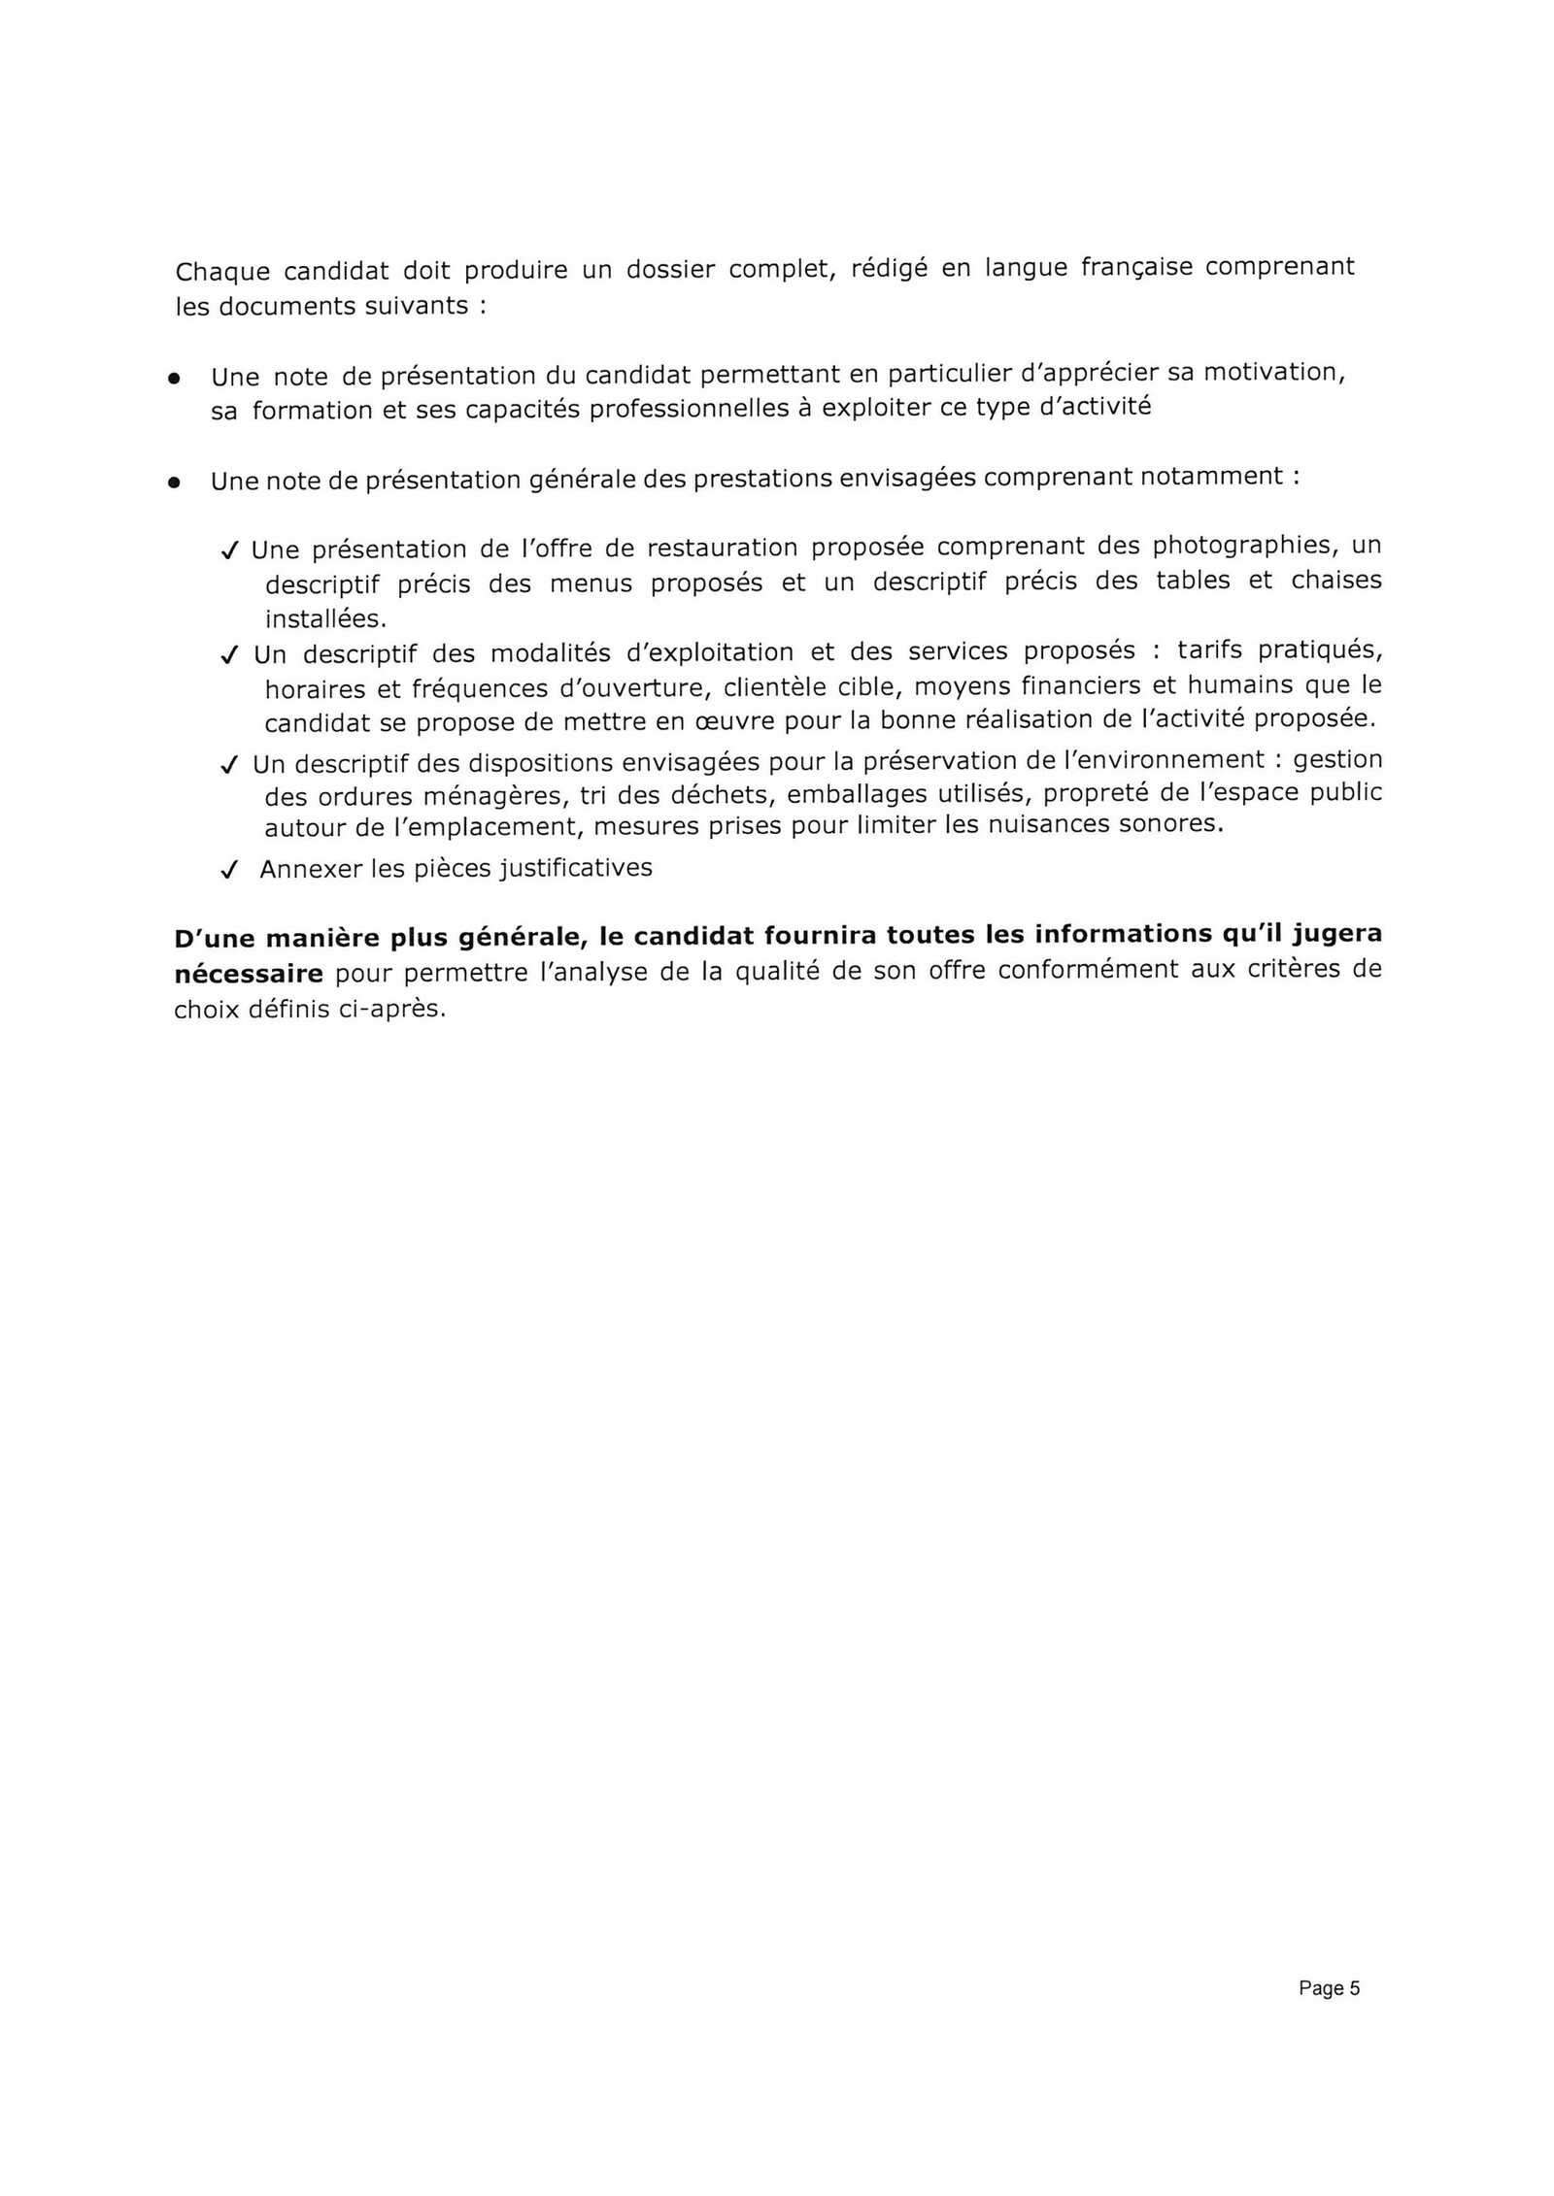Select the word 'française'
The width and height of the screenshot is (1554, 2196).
coord(1136,267)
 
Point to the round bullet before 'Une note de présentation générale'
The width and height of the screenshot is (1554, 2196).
coord(174,482)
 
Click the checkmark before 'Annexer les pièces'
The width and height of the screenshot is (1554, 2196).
coord(229,871)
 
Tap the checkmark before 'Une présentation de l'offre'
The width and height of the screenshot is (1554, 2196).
coord(229,551)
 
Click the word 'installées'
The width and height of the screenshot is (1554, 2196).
coord(324,618)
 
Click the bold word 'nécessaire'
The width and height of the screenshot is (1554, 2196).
coord(248,973)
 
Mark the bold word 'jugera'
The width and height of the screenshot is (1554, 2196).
coord(1337,935)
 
